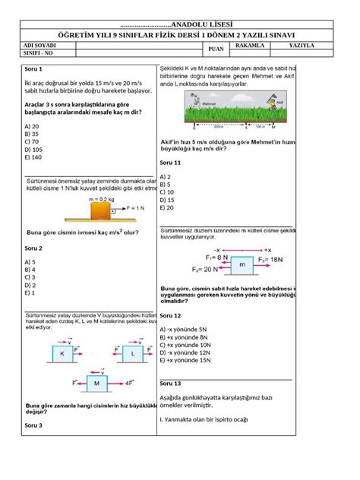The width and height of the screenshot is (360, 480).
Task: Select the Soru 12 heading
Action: coord(170,314)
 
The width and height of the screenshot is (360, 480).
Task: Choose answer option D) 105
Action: coord(34,150)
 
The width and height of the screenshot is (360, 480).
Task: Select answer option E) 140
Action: coord(33,158)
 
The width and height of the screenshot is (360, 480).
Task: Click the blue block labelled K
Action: coord(63,354)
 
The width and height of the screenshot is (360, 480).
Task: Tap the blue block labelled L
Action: coord(131,354)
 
